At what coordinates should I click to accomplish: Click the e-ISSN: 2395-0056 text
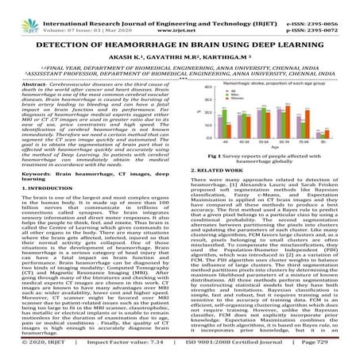click(327, 6)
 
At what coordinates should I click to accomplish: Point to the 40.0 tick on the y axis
click(209, 90)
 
